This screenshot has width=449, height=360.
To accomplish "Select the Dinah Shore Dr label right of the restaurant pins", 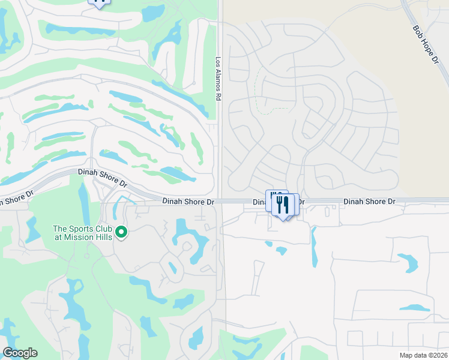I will pyautogui.click(x=369, y=202).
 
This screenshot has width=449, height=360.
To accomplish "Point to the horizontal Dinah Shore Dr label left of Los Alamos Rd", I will pyautogui.click(x=188, y=203).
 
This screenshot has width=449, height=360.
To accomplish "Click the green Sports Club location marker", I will pyautogui.click(x=121, y=232).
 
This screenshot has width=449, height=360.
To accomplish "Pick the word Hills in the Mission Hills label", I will pyautogui.click(x=102, y=236).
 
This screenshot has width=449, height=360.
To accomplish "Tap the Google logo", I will pyautogui.click(x=20, y=353).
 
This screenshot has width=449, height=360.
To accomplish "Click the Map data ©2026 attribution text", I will pyautogui.click(x=423, y=355).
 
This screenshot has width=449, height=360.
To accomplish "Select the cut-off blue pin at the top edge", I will pyautogui.click(x=100, y=2).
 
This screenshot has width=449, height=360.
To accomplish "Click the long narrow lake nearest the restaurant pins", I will pyautogui.click(x=313, y=247).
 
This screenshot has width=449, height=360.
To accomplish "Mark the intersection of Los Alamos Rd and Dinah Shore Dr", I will pyautogui.click(x=220, y=202).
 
